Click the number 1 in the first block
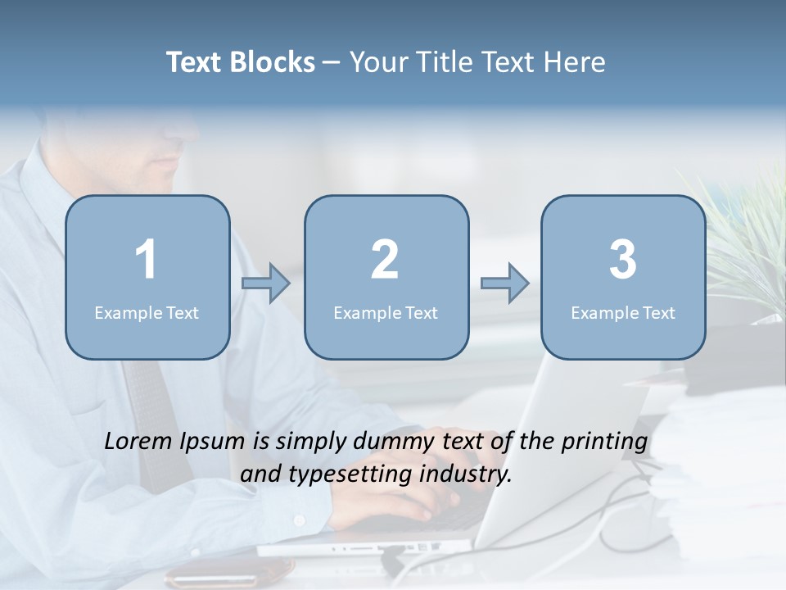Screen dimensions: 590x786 coord(146,261)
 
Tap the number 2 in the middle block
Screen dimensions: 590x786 coord(385,261)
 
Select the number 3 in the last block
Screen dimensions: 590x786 coord(623,261)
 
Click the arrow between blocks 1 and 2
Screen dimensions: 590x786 coord(266,284)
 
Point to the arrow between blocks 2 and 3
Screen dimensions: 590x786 coord(504,284)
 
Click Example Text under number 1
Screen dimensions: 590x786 coord(147,313)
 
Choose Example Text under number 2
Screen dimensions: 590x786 coord(386,313)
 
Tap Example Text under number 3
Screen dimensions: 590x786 coord(623,313)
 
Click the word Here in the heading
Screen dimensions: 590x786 coord(574,62)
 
